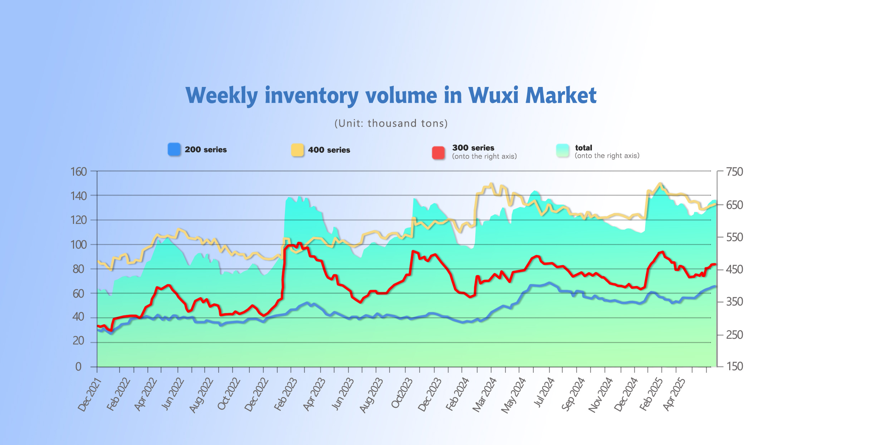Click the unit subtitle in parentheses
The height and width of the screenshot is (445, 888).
point(391,123)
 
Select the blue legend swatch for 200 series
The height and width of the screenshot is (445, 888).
point(174,150)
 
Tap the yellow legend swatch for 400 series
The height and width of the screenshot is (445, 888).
point(297,150)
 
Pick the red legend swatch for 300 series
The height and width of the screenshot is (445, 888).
point(438,152)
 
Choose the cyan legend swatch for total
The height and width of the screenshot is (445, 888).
point(563,151)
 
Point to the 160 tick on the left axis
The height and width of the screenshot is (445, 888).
point(79,172)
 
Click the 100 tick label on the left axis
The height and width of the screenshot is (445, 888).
point(79,245)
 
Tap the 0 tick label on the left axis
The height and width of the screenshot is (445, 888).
point(78,367)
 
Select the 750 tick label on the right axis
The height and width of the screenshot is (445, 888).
point(735,172)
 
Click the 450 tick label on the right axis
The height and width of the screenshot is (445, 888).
point(735,269)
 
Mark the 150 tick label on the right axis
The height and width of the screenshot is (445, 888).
point(735,366)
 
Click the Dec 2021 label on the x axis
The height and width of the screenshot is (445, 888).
point(90,395)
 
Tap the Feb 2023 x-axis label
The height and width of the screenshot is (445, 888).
point(286,394)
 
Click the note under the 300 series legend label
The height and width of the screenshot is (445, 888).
point(484,156)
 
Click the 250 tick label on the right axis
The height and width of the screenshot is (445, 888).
point(735,335)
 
